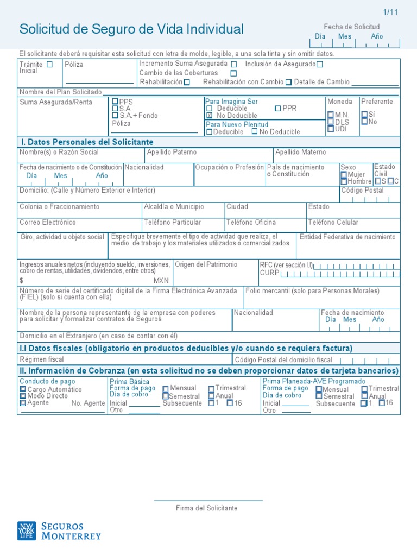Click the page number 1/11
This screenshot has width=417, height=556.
[x=390, y=12]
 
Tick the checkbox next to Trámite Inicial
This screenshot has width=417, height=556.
[x=50, y=64]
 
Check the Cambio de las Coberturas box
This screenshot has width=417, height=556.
[x=233, y=73]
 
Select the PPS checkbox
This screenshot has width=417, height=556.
[x=115, y=102]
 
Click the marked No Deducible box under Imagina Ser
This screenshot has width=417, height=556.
[x=210, y=116]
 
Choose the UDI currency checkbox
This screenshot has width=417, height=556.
[x=331, y=129]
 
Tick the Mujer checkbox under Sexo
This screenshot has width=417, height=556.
[x=344, y=175]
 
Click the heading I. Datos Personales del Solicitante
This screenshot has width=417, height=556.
[x=87, y=142]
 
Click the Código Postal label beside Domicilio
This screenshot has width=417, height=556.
[x=362, y=191]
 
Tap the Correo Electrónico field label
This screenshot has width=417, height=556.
[x=48, y=223]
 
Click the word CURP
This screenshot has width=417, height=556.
[x=269, y=273]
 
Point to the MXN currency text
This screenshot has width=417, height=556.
[x=161, y=281]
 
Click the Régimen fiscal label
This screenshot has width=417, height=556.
[x=42, y=359]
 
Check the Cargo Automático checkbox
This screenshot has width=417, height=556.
[x=22, y=389]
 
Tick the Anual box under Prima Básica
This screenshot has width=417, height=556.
[x=211, y=396]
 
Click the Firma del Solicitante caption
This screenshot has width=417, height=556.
[x=206, y=508]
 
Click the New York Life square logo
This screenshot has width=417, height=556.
[x=27, y=530]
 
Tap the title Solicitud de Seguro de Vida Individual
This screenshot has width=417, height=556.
[x=131, y=29]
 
